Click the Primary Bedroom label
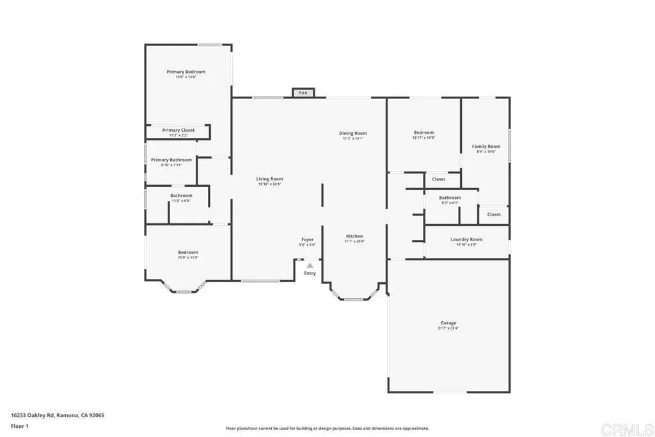186,72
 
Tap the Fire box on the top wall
303,93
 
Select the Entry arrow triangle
310,265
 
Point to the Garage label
448,323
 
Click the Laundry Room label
466,239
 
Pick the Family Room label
486,147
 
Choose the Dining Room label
353,133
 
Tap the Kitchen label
354,236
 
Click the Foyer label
307,239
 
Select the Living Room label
269,179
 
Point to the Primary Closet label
178,130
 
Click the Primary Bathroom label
171,160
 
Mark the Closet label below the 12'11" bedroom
439,179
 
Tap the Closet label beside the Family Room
494,214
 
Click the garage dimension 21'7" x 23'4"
448,328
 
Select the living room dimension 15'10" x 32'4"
269,184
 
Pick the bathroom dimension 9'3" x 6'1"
450,203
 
